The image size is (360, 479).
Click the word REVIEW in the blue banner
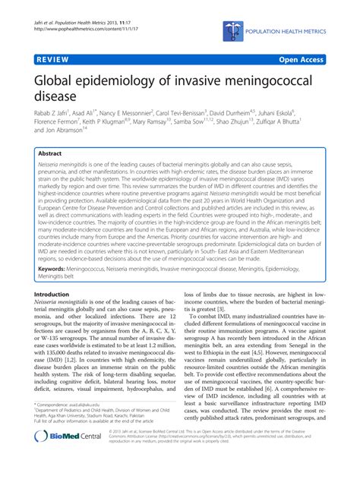point(50,57)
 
